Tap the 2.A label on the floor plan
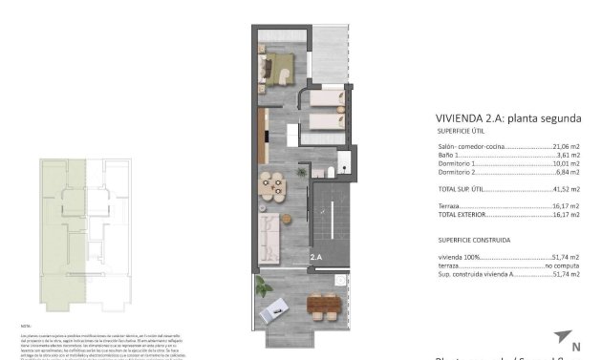click(x=317, y=258)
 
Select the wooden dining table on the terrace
click(x=322, y=306)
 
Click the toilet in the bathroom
click(x=329, y=172)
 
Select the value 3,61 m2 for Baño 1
click(x=570, y=156)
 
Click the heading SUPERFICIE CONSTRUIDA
click(x=474, y=240)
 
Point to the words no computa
click(x=563, y=265)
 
